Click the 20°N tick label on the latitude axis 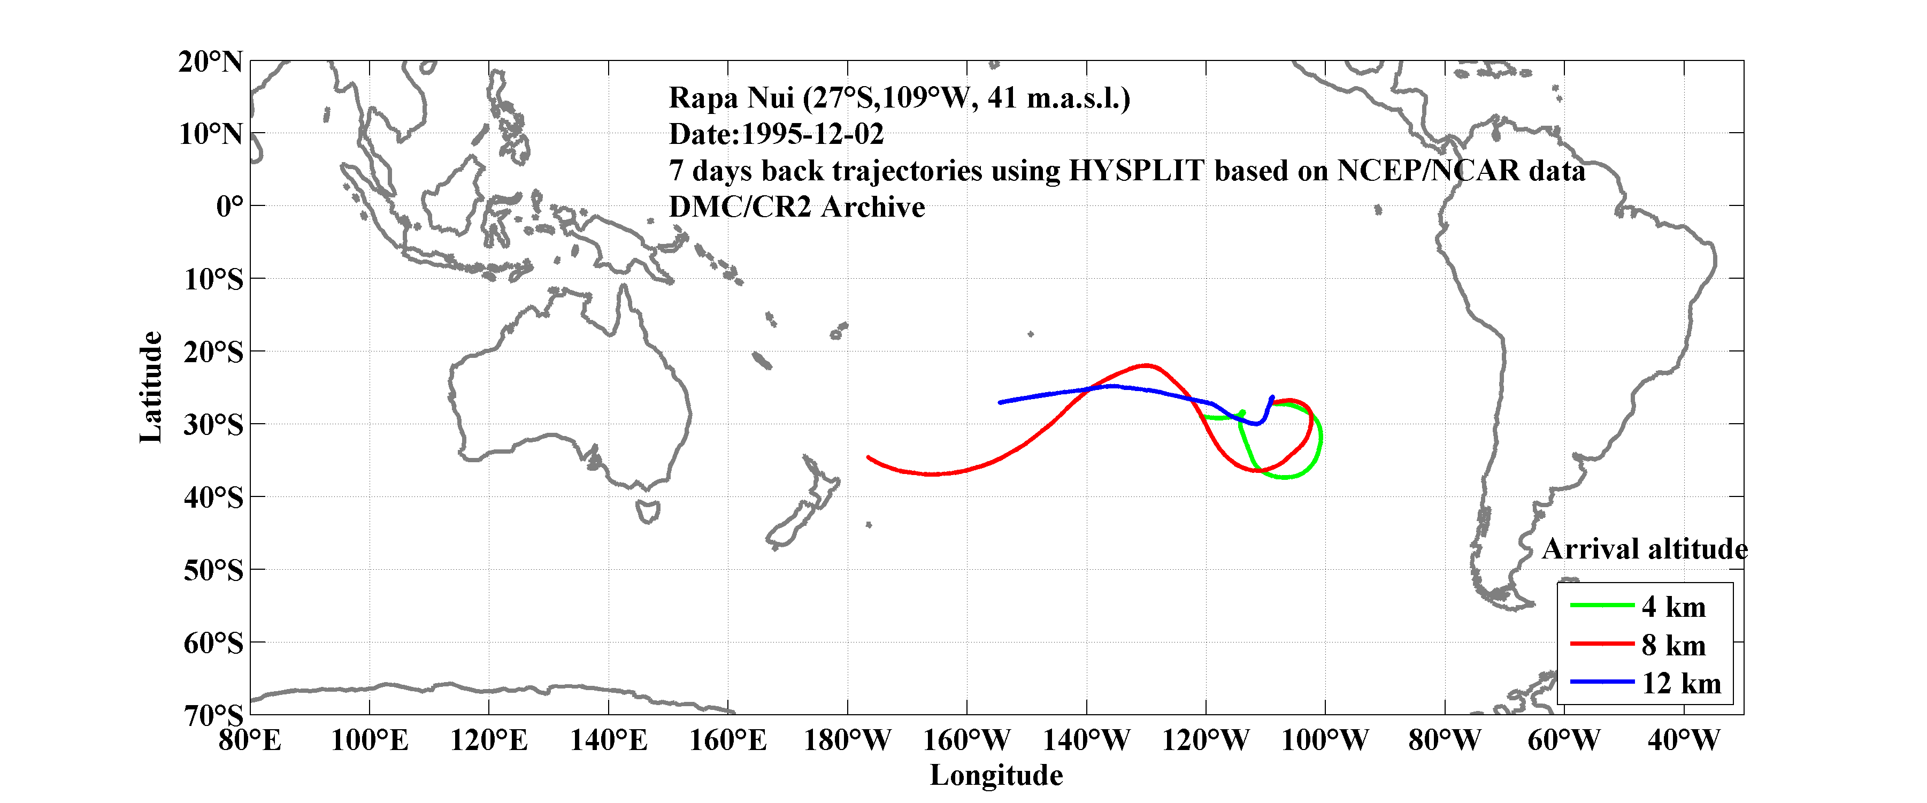click(210, 62)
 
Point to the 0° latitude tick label click(229, 207)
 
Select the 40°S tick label click(213, 498)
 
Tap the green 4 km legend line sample click(1602, 605)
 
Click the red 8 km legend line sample click(1602, 644)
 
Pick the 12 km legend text click(1681, 683)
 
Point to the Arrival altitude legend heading click(1644, 550)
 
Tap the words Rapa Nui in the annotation click(730, 98)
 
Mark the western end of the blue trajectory click(1000, 403)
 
